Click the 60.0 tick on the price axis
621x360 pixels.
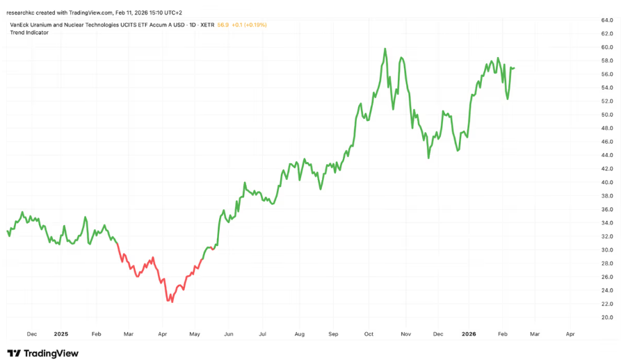606,47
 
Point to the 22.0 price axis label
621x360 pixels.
606,304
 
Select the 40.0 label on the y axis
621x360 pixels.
606,182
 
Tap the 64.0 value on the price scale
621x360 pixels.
606,20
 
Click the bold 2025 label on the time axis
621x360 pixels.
61,334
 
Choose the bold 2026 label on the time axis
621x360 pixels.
469,334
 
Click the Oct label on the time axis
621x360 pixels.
369,334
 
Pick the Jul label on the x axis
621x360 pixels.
262,334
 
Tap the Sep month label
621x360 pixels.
333,334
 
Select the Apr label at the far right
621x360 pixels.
570,334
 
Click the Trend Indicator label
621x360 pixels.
29,33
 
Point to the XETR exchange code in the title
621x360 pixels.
207,24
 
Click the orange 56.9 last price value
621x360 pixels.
223,24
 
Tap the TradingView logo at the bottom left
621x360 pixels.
43,353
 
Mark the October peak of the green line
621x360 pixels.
385,49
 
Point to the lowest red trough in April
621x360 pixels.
170,301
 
